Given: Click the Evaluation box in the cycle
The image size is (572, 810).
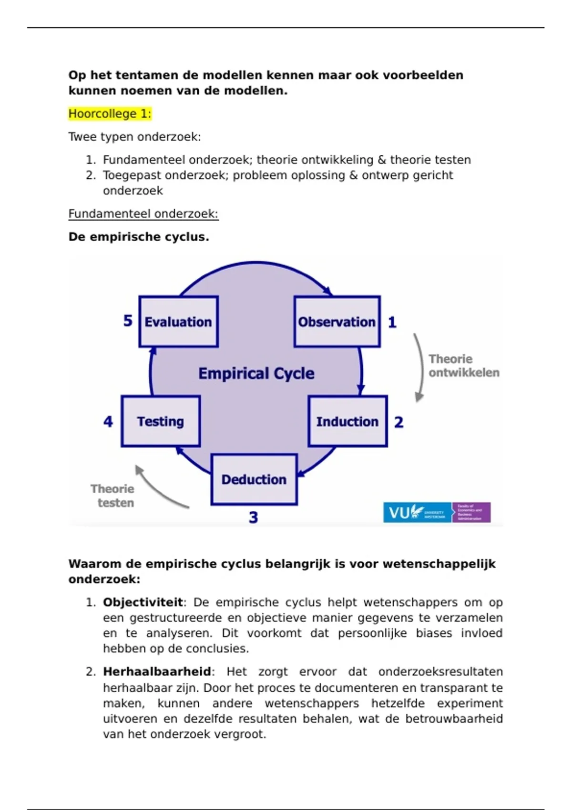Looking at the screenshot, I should pos(179,322).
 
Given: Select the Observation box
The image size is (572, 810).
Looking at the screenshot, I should pos(337,322).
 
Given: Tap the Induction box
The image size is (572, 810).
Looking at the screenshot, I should pos(347,421).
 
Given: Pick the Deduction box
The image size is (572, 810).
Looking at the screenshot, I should pos(254,479).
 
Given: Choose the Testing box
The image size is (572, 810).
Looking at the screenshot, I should pos(161,421).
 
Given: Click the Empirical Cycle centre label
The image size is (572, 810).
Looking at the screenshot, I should pos(256,373).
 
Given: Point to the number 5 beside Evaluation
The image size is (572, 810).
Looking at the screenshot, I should pos(128,321).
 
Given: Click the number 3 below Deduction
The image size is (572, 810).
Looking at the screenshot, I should pos(253,517).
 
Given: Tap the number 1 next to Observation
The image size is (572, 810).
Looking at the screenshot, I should pos(392,323).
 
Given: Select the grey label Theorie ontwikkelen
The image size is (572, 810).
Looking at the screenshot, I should pos(463,366).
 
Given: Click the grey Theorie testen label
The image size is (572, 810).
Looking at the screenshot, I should pos(113,496).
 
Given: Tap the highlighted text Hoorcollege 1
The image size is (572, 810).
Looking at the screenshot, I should pos(110,114).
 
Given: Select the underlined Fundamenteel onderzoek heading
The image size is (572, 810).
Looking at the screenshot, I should pos(143,213).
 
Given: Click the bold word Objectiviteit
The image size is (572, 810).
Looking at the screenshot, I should pos(143,602).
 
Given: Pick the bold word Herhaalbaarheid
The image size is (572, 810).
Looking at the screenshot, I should pos(157,672).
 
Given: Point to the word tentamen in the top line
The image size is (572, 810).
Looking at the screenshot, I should pos(143,75).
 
